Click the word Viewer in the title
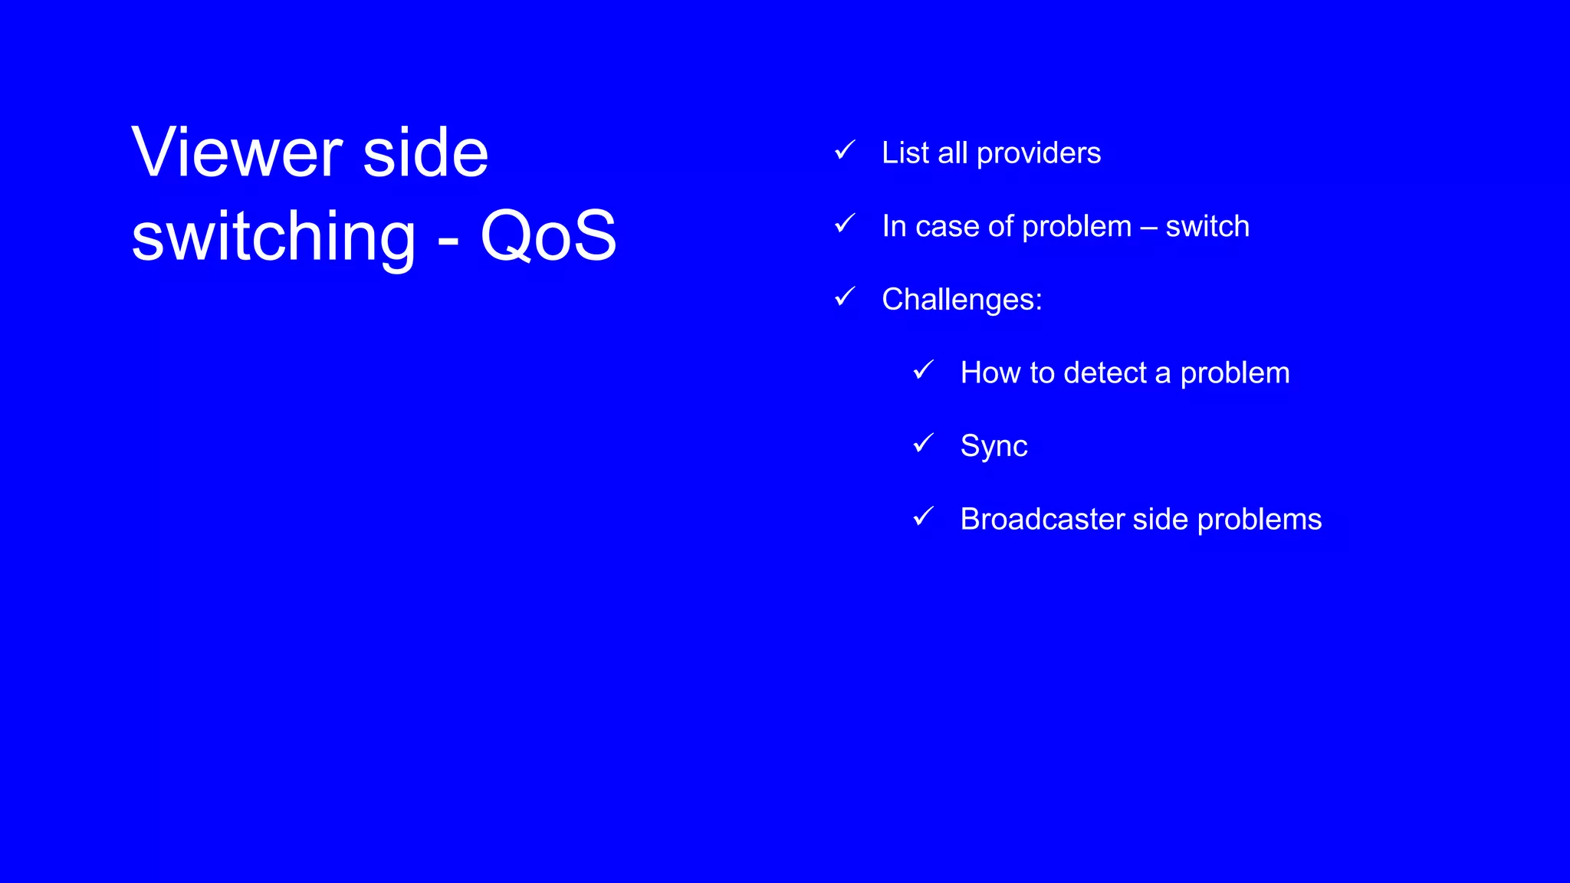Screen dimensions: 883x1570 (x=236, y=153)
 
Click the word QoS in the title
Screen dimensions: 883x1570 (x=548, y=235)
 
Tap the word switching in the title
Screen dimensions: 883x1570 (x=274, y=237)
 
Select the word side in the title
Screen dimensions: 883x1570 (x=425, y=153)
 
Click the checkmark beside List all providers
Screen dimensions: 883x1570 (x=845, y=150)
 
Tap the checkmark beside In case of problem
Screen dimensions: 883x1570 (x=845, y=224)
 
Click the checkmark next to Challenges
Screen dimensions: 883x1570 (x=845, y=297)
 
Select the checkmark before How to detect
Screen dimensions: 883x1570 (x=924, y=370)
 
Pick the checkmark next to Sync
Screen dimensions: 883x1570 (x=924, y=443)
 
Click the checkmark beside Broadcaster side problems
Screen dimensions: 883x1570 (x=924, y=517)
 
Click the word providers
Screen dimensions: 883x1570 (x=1039, y=153)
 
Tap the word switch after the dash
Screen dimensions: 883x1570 (x=1207, y=227)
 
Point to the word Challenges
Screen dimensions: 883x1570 (x=961, y=300)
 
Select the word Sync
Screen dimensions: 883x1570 (x=994, y=446)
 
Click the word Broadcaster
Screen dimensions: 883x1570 (x=1042, y=520)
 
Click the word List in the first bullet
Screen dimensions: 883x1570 (x=905, y=153)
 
